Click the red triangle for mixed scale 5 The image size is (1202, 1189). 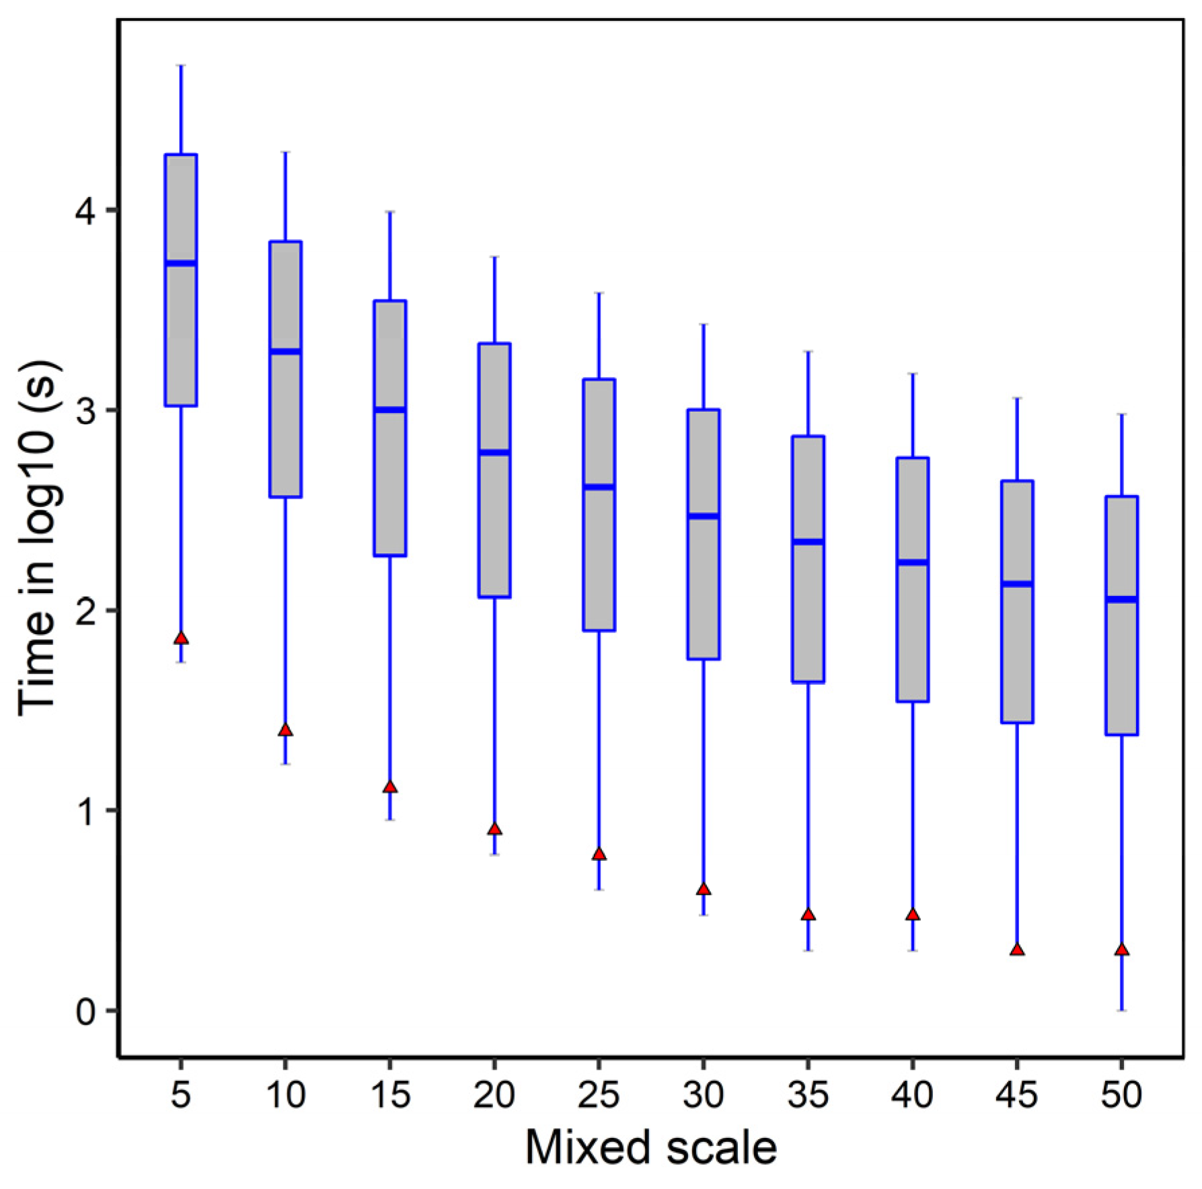coord(181,638)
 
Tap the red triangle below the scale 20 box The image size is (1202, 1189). coord(494,829)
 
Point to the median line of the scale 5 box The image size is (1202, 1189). coord(181,263)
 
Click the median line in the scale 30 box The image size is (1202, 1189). coord(704,516)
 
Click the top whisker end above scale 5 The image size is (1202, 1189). coord(181,66)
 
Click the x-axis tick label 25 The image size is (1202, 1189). coord(599,1095)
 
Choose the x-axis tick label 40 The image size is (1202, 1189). coord(912,1095)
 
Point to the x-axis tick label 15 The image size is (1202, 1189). coord(390,1095)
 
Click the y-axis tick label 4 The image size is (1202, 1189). coord(86,211)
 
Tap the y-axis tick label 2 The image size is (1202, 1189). coord(86,611)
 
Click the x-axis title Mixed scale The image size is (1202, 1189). coord(650,1147)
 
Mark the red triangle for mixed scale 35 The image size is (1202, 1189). coord(808,915)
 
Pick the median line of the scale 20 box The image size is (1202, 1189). coord(494,453)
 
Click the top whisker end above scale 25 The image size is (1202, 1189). coord(599,293)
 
